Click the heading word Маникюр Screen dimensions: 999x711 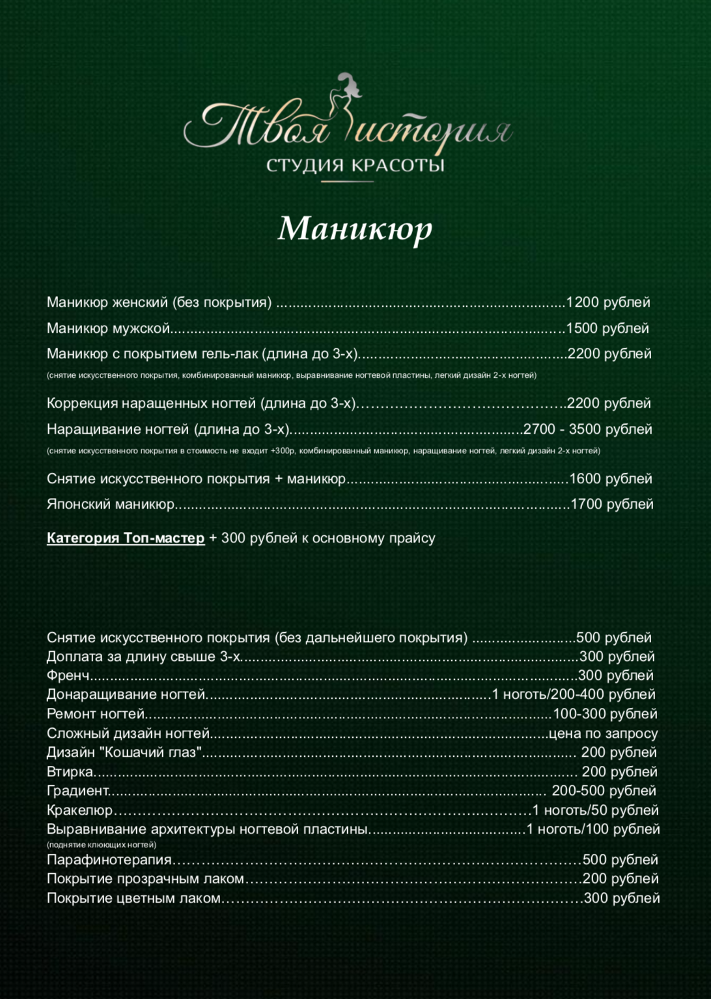(355, 229)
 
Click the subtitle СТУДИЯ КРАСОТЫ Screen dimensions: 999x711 (355, 165)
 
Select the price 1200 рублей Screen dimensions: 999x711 (608, 302)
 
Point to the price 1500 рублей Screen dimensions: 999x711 (607, 328)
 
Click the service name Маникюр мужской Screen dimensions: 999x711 (108, 328)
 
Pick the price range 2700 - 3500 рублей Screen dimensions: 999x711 (588, 429)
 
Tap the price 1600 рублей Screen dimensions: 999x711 (611, 479)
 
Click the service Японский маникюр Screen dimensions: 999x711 (111, 504)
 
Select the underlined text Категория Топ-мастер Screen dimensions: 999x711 (126, 538)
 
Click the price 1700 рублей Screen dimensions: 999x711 (612, 504)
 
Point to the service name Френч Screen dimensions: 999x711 (68, 675)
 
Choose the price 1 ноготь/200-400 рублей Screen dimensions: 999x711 (574, 694)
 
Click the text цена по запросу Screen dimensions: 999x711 (604, 733)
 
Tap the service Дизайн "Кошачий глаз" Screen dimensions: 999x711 (124, 752)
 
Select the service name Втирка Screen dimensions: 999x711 (70, 772)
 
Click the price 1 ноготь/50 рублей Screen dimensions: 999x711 (596, 810)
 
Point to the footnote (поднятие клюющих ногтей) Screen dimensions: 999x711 (102, 845)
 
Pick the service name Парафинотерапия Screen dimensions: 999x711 (109, 860)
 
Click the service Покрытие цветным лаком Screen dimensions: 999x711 (133, 898)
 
